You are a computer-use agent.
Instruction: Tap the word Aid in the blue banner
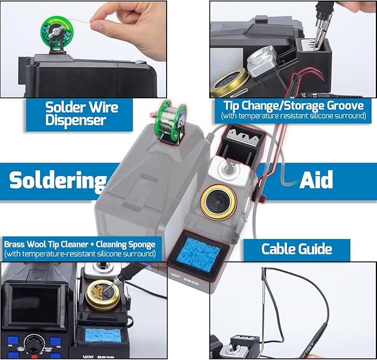tap(316, 179)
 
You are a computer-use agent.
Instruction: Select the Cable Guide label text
tap(296, 249)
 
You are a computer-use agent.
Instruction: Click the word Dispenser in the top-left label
tap(76, 120)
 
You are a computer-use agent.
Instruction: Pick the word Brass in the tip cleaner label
tap(14, 244)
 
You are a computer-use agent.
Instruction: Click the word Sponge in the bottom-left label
tap(142, 245)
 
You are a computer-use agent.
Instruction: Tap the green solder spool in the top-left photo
tap(57, 33)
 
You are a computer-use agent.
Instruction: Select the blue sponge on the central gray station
tap(199, 255)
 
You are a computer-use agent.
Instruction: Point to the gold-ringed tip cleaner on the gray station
tap(219, 202)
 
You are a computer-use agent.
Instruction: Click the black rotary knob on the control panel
tap(34, 343)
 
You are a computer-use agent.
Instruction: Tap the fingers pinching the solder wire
tap(125, 27)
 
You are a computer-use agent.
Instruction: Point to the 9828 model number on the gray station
tap(191, 281)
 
